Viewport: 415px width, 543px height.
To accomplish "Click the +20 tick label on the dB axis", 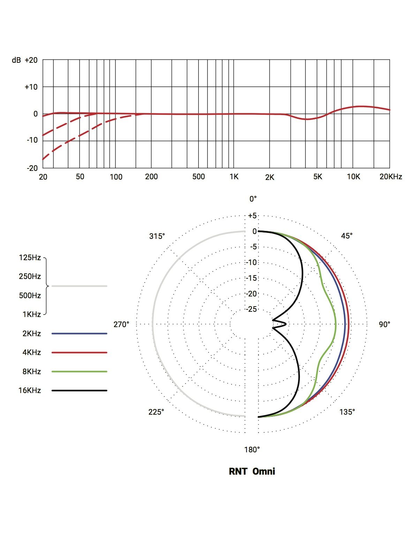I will [31, 60].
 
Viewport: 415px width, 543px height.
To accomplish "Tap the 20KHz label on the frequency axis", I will [391, 177].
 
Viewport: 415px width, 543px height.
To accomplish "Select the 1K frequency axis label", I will [234, 177].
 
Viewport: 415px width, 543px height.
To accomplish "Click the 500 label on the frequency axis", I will [198, 177].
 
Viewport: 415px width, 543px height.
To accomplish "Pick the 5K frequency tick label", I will [318, 177].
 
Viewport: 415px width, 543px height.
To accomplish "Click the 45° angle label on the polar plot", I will [347, 236].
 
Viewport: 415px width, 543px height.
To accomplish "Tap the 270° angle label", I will [121, 325].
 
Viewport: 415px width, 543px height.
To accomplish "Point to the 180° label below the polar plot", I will [252, 450].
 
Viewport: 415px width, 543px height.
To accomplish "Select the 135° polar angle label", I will [347, 412].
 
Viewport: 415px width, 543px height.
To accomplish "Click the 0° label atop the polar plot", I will [253, 199].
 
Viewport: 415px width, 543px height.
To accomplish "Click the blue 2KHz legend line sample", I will [79, 334].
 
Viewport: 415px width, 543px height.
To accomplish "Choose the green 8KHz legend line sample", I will [79, 372].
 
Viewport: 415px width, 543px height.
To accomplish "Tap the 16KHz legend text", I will [30, 391].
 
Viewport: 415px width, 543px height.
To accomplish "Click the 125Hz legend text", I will [30, 258].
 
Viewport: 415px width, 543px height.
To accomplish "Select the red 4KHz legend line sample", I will [79, 353].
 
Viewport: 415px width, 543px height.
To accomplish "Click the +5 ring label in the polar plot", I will [252, 216].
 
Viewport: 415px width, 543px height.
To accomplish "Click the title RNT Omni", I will [252, 472].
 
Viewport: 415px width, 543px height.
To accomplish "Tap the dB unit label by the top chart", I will [16, 60].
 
